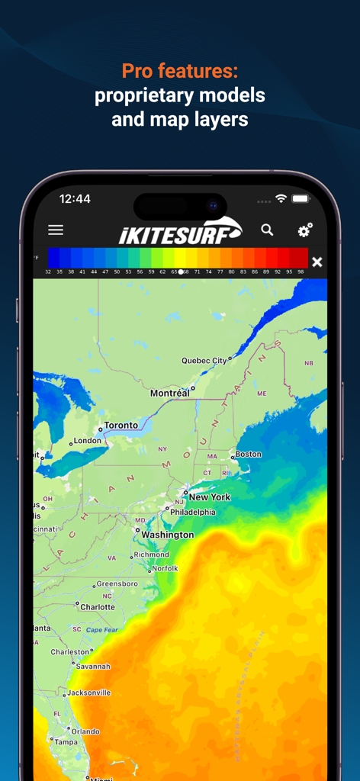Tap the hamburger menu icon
tap(56, 230)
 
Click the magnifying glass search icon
tap(267, 230)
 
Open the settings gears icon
tap(304, 230)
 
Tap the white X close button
tap(317, 262)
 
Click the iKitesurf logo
tap(180, 231)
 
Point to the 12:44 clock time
tap(75, 198)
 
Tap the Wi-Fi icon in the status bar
tap(281, 198)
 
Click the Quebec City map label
tap(204, 360)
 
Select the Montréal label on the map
tap(169, 393)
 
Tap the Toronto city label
tap(121, 425)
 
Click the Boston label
tap(248, 454)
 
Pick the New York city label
tap(209, 497)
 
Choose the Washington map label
tap(167, 535)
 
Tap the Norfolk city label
tap(165, 568)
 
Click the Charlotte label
tap(97, 607)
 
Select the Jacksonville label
tap(88, 693)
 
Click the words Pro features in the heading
tap(180, 72)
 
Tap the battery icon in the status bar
tap(301, 198)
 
